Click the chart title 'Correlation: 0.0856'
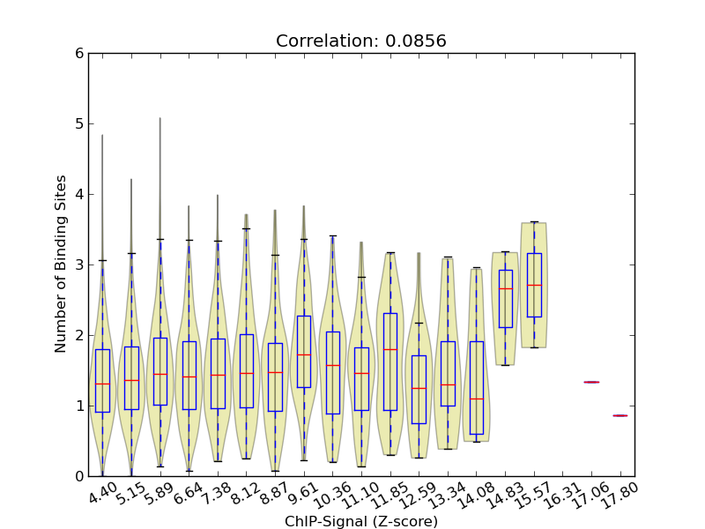[x=361, y=41]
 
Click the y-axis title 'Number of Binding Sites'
[x=61, y=264]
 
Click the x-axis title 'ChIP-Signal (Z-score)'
[x=361, y=521]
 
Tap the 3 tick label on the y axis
[x=79, y=264]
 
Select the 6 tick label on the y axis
[x=79, y=53]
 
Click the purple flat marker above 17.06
[x=591, y=382]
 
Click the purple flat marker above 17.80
[x=620, y=415]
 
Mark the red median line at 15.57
[x=534, y=285]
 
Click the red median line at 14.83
[x=505, y=288]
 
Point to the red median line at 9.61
[x=303, y=354]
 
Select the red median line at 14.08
[x=476, y=399]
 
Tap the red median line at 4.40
[x=102, y=384]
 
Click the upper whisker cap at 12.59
[x=419, y=323]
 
